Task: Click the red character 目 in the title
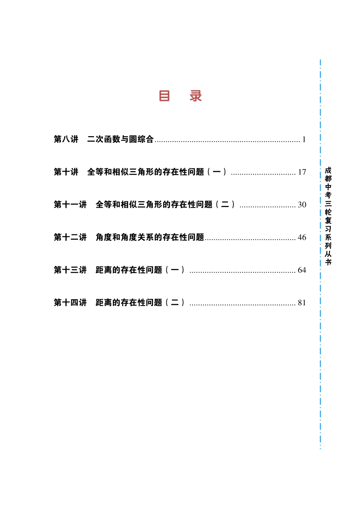pyautogui.click(x=164, y=96)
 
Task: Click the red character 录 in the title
pyautogui.click(x=196, y=96)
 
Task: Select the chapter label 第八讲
pyautogui.click(x=66, y=139)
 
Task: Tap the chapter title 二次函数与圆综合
pyautogui.click(x=121, y=139)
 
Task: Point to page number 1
pyautogui.click(x=304, y=140)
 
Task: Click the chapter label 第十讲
pyautogui.click(x=66, y=172)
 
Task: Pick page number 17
pyautogui.click(x=302, y=172)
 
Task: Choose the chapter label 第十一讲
pyautogui.click(x=70, y=204)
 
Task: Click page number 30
pyautogui.click(x=302, y=205)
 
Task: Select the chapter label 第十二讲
pyautogui.click(x=70, y=237)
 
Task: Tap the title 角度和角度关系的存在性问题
pyautogui.click(x=150, y=237)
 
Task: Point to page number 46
pyautogui.click(x=302, y=237)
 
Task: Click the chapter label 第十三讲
pyautogui.click(x=70, y=270)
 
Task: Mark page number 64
pyautogui.click(x=302, y=270)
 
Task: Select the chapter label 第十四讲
pyautogui.click(x=70, y=302)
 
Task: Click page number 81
pyautogui.click(x=302, y=303)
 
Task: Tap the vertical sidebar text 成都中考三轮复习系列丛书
pyautogui.click(x=328, y=216)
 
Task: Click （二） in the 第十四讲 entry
pyautogui.click(x=175, y=302)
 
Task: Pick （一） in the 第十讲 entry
pyautogui.click(x=217, y=172)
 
